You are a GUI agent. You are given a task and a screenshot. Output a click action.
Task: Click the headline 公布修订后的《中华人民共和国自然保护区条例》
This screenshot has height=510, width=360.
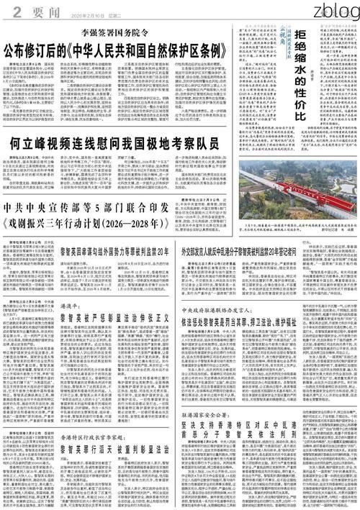[116, 51]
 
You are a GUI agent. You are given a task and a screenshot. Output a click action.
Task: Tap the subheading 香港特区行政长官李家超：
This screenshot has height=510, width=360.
[90, 416]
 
